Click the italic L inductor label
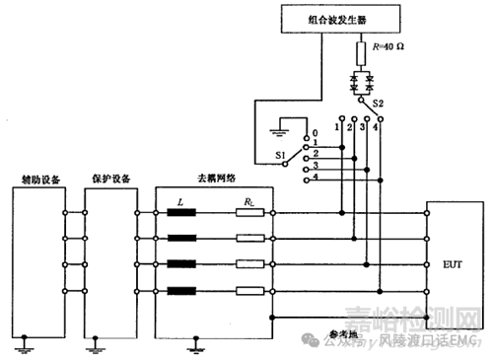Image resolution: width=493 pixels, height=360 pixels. pyautogui.click(x=180, y=200)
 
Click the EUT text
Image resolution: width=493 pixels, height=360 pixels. pyautogui.click(x=454, y=265)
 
